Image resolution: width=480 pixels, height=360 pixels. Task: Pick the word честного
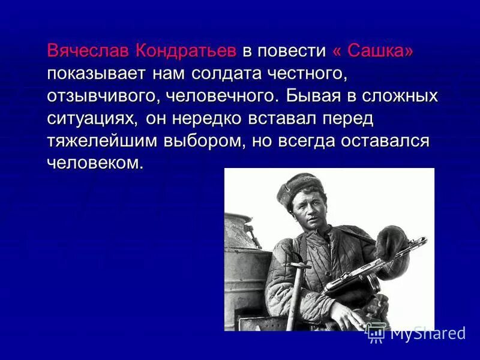click(x=314, y=74)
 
